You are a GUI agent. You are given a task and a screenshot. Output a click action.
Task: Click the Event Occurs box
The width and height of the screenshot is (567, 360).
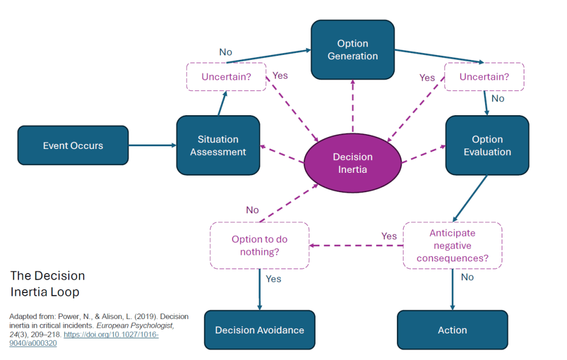[x=73, y=146]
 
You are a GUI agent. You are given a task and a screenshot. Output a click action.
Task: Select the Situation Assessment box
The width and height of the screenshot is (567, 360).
[x=218, y=146]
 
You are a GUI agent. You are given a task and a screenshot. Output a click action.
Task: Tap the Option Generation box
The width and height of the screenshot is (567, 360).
[x=353, y=50]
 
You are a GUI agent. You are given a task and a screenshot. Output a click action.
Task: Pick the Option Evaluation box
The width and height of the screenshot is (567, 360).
[x=487, y=146]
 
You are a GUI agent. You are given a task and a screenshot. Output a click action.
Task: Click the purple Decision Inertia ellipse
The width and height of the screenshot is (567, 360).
[x=353, y=163]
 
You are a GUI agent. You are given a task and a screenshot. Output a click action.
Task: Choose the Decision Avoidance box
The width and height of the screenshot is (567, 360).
[x=260, y=330]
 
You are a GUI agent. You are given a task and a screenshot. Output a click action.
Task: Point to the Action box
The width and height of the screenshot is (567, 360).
[x=452, y=330]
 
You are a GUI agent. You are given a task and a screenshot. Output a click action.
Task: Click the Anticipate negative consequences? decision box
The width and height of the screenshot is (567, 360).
[x=452, y=245]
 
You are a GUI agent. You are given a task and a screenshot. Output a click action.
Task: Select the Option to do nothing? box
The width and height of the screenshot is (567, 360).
[x=260, y=245]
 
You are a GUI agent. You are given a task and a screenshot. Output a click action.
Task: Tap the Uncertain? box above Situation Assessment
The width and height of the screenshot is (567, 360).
[x=226, y=77]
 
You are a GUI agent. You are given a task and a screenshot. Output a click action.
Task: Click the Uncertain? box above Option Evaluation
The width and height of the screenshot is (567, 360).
[x=484, y=77]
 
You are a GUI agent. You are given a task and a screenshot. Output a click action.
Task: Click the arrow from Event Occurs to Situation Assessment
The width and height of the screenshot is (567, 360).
[x=152, y=146]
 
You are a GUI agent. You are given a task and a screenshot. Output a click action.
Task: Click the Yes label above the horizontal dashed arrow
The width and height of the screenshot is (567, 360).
[x=389, y=236]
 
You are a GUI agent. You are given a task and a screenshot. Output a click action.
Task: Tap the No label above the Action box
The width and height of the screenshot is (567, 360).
[x=467, y=277]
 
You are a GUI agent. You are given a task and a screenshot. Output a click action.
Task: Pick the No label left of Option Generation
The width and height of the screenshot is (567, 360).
[x=225, y=52]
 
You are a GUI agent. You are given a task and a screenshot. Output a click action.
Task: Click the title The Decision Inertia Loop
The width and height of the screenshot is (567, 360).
[x=48, y=284]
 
